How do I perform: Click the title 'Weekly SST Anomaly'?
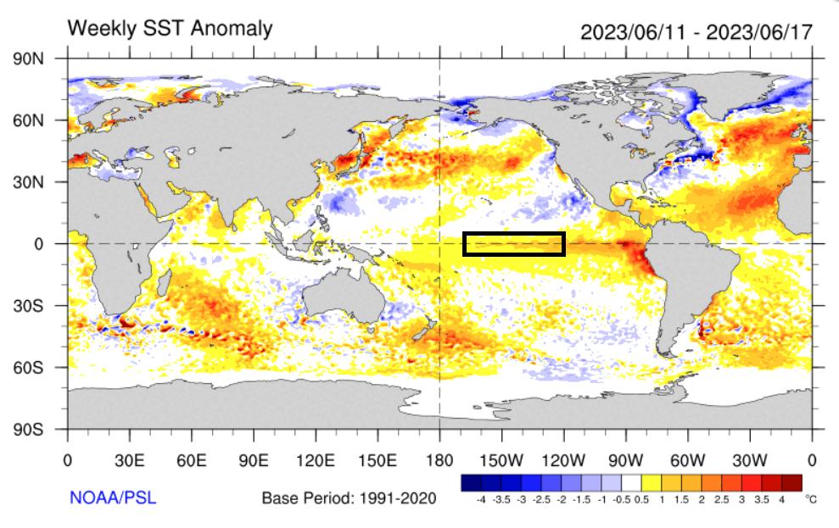170,28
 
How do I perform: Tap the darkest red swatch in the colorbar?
791,482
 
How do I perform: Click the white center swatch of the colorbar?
631,482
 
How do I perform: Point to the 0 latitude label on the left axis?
39,244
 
